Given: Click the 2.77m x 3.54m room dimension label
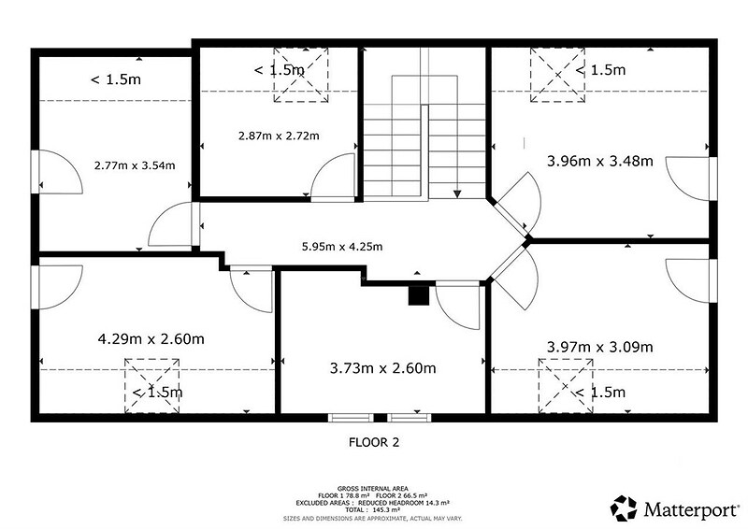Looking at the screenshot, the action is point(135,165).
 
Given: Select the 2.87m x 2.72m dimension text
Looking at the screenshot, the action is point(279,136).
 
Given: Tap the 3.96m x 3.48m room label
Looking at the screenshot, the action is point(599,162).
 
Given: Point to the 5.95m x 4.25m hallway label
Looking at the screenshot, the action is point(342,247).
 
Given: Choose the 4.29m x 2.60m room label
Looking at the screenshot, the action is point(151,339).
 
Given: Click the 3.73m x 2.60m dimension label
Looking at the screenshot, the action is point(382,368).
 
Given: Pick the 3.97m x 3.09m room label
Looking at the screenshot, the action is point(599,347).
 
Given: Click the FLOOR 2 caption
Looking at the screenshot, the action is point(373,443).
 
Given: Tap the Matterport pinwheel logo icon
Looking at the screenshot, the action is point(624,508).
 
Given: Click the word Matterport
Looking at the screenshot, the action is point(691,509).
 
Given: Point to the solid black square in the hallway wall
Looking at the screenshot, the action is point(419,294).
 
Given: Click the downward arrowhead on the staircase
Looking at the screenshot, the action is point(457,193).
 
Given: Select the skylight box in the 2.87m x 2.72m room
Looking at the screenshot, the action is point(301,75).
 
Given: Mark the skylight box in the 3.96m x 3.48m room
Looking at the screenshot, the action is point(557,75).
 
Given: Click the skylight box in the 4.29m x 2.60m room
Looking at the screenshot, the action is point(152,386).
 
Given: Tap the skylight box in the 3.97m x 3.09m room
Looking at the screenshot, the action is point(566,386).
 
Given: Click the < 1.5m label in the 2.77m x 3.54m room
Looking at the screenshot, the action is point(116,79).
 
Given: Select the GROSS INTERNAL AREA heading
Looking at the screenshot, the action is point(372,489).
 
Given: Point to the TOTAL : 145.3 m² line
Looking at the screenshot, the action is point(372,510).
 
